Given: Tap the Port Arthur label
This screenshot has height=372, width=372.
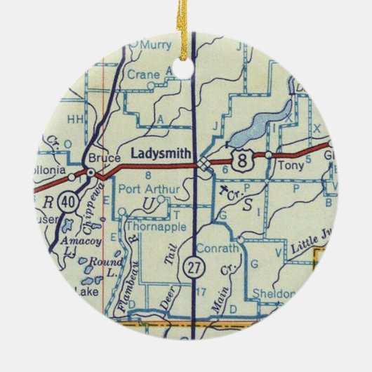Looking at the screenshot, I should (x=144, y=189).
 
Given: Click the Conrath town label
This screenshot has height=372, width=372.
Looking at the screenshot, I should (x=221, y=248).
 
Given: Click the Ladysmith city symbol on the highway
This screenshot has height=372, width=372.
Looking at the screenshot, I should (x=203, y=164).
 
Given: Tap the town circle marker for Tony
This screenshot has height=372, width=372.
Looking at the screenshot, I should (x=268, y=154).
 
